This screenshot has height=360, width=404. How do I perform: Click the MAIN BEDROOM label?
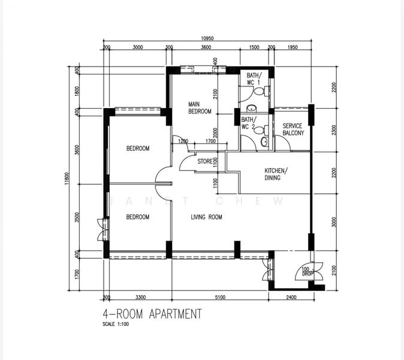(200, 108)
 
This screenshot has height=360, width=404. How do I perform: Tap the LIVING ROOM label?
(206, 217)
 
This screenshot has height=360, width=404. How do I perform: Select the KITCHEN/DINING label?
(276, 174)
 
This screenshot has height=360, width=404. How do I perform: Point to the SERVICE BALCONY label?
(293, 130)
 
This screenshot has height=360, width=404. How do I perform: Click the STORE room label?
(205, 161)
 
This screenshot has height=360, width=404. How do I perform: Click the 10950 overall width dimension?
(206, 39)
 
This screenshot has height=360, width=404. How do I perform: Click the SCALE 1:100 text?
(116, 324)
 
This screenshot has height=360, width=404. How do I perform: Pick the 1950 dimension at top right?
(293, 47)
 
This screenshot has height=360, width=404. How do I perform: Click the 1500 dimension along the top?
(254, 47)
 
